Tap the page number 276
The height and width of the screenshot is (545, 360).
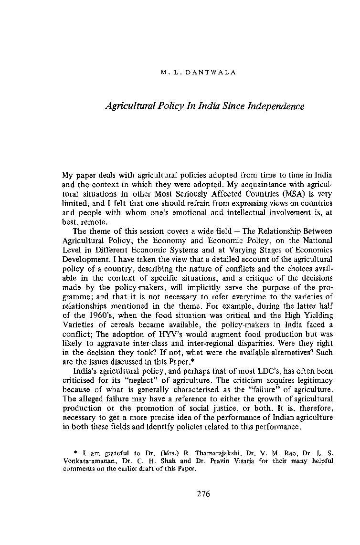tap(203, 493)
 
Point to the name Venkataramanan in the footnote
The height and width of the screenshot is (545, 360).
tap(85, 461)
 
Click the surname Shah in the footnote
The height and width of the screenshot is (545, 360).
tap(172, 461)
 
